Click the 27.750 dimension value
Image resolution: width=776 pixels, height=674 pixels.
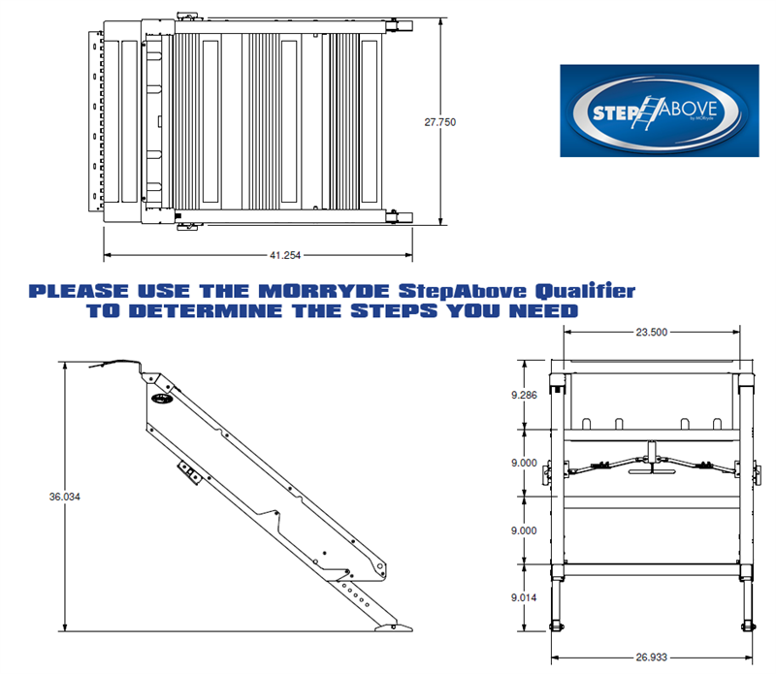tap(439, 122)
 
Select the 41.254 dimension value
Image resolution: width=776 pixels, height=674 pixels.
tap(284, 255)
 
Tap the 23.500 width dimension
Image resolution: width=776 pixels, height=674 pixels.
tap(651, 332)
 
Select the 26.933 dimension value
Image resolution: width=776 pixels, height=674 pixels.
tap(651, 656)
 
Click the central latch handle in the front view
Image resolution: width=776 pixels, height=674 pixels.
tap(651, 468)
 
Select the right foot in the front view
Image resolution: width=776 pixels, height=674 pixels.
tap(747, 622)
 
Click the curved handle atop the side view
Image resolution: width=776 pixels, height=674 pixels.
tap(116, 363)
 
